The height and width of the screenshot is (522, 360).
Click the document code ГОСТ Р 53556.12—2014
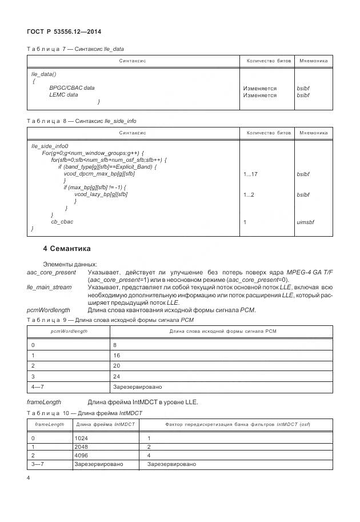[60, 32]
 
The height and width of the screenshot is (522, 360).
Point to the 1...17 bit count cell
[250, 174]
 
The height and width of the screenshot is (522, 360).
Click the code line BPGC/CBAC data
[72, 88]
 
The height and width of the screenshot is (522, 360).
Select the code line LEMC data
[63, 95]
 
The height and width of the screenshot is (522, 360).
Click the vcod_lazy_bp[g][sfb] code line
[101, 194]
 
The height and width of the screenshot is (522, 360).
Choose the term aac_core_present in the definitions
[50, 273]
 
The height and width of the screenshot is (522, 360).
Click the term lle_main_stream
[49, 288]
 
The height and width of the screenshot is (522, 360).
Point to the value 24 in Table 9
[117, 377]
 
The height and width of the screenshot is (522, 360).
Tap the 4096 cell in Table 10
[81, 456]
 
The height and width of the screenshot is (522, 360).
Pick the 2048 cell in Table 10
[81, 447]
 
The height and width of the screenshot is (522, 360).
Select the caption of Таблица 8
[82, 121]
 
